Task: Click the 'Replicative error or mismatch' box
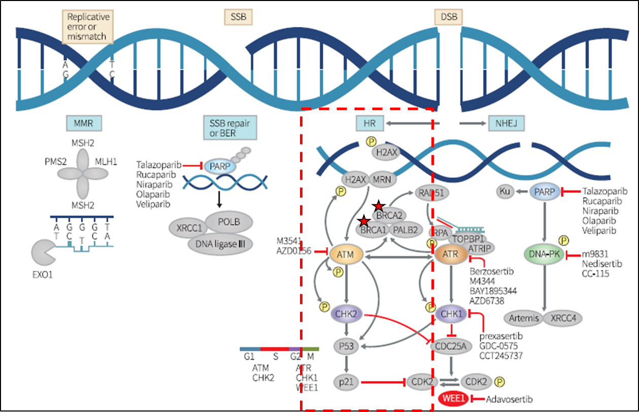pyautogui.click(x=88, y=26)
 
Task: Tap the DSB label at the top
pyautogui.click(x=449, y=17)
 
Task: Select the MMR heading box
pyautogui.click(x=84, y=123)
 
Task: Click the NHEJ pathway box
pyautogui.click(x=506, y=123)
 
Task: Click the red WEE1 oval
pyautogui.click(x=454, y=399)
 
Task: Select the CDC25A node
pyautogui.click(x=451, y=347)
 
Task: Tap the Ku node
pyautogui.click(x=504, y=192)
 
